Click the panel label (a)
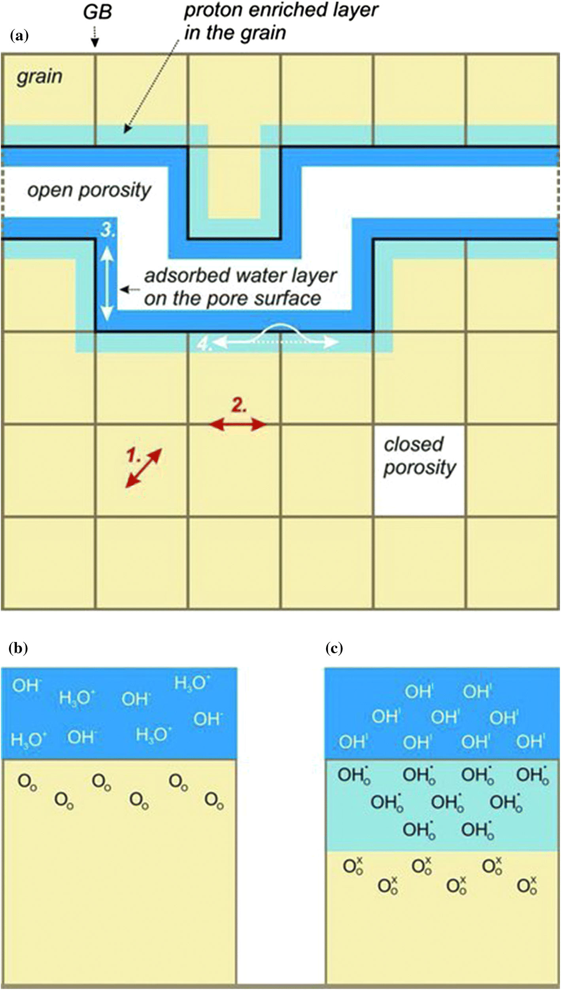(19, 36)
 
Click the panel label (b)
(18, 648)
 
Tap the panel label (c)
(334, 648)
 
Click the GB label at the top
(97, 12)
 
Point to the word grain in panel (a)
(40, 76)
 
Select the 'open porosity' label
(89, 190)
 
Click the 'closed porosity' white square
(419, 470)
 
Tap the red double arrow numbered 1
(144, 468)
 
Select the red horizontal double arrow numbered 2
(238, 425)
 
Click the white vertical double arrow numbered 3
(106, 283)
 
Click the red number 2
(239, 405)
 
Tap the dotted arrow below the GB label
(95, 38)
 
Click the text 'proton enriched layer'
(281, 10)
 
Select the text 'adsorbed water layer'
(240, 275)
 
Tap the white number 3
(108, 230)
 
